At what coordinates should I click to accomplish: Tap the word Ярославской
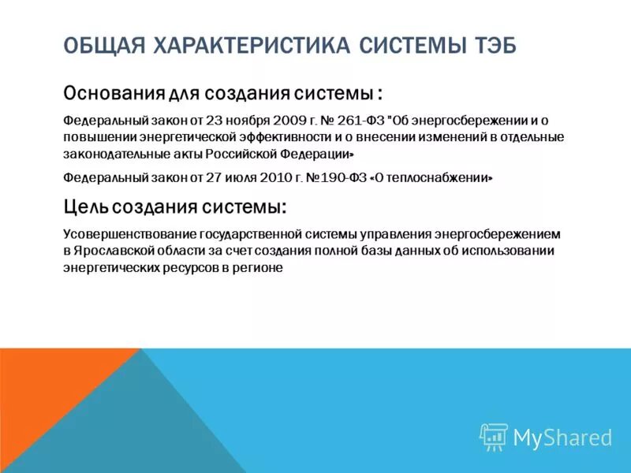(x=114, y=251)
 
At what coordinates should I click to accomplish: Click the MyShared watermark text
(x=562, y=438)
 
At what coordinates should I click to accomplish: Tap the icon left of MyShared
(x=493, y=437)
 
